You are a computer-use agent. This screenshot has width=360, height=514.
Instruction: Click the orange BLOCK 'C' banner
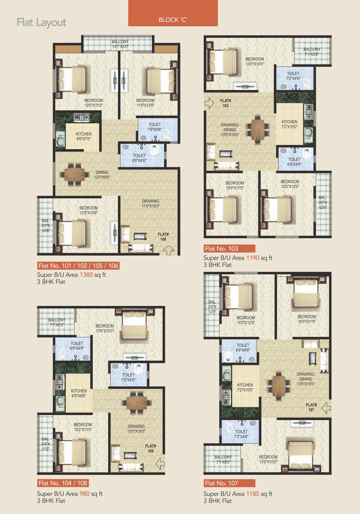tap(173, 13)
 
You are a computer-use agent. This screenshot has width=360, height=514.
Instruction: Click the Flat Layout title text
tap(41, 22)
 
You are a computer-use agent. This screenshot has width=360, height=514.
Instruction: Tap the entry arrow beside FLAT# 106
tap(169, 250)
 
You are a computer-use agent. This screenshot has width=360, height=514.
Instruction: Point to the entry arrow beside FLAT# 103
tap(209, 103)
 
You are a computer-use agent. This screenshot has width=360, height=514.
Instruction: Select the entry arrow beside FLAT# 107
tap(327, 408)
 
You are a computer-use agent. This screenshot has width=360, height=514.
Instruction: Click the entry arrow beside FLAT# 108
tap(160, 463)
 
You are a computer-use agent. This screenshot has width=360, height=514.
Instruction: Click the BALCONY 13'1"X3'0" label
tap(120, 44)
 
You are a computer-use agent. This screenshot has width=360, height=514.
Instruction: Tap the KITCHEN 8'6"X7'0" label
tap(84, 136)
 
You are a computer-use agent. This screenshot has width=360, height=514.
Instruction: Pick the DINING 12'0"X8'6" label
tap(102, 175)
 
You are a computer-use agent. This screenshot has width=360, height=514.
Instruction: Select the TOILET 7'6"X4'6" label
tap(154, 127)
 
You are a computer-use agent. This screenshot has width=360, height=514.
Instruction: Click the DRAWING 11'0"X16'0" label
tap(151, 203)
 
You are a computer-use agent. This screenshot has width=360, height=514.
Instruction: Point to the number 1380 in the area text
tap(86, 275)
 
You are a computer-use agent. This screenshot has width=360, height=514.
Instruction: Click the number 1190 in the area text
tap(253, 258)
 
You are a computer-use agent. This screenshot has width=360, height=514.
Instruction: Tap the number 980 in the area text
tap(84, 494)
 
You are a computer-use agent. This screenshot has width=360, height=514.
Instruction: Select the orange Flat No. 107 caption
tap(229, 483)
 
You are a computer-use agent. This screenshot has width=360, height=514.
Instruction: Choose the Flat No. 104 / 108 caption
tap(63, 483)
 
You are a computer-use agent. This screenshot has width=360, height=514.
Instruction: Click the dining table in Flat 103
tap(258, 129)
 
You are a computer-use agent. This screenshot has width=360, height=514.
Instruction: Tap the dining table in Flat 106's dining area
tap(74, 175)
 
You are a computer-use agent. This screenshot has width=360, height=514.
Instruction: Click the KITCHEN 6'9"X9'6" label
tap(79, 393)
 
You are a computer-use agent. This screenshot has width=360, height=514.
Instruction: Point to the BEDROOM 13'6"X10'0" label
tap(105, 328)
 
